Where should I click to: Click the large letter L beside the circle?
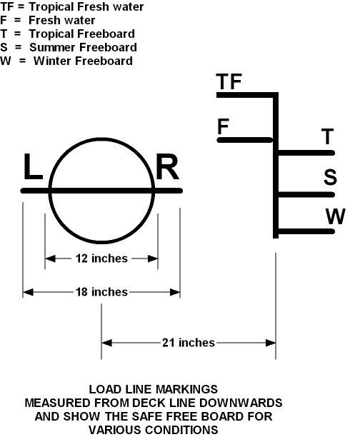(33, 166)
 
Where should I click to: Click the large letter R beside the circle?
(166, 166)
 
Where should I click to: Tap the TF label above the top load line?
(229, 81)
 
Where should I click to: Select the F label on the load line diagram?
(223, 126)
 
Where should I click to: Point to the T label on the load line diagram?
(327, 136)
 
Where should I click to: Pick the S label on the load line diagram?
(330, 176)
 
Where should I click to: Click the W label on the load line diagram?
(336, 216)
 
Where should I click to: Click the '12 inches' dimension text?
(101, 258)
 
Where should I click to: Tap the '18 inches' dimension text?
(101, 292)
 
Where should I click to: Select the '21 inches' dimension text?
(189, 343)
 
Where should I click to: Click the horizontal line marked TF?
(246, 95)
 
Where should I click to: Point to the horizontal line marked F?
(245, 140)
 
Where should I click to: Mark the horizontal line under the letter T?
(306, 153)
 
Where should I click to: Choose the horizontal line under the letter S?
(306, 194)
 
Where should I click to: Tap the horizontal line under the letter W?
(306, 231)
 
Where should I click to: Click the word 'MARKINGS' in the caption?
(186, 389)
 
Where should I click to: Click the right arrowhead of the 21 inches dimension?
(271, 343)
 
